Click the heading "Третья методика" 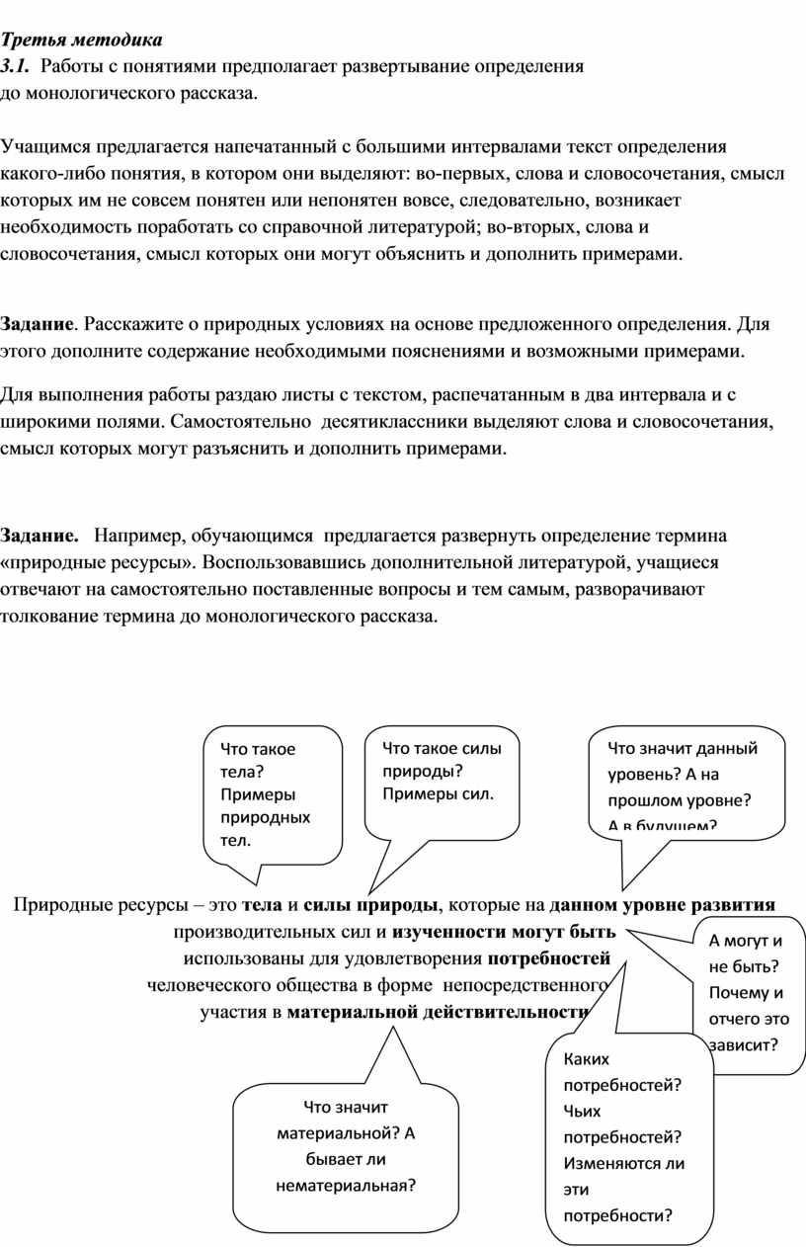(x=80, y=41)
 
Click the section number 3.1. (x=16, y=67)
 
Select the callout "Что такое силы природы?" (x=442, y=771)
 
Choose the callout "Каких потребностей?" (x=626, y=1136)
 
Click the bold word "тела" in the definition (x=262, y=905)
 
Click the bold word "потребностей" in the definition (x=549, y=958)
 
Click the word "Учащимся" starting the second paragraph (x=41, y=148)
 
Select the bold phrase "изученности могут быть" (x=504, y=932)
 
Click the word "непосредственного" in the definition (x=524, y=985)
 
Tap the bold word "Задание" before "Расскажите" (x=37, y=324)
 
